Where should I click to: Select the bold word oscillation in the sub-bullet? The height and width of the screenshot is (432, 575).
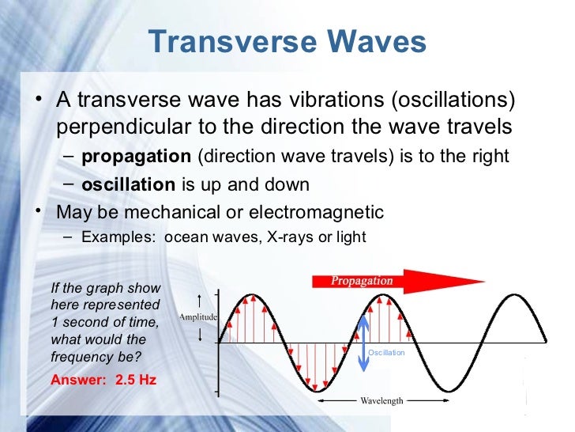pyautogui.click(x=128, y=184)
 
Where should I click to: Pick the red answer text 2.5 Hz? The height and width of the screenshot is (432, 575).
pyautogui.click(x=136, y=379)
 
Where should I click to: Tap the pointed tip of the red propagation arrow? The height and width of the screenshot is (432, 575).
pyautogui.click(x=483, y=281)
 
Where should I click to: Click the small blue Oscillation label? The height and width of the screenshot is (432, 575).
pyautogui.click(x=386, y=352)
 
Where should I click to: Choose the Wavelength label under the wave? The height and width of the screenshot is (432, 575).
pyautogui.click(x=381, y=400)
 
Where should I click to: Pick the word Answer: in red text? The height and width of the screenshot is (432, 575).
pyautogui.click(x=77, y=379)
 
